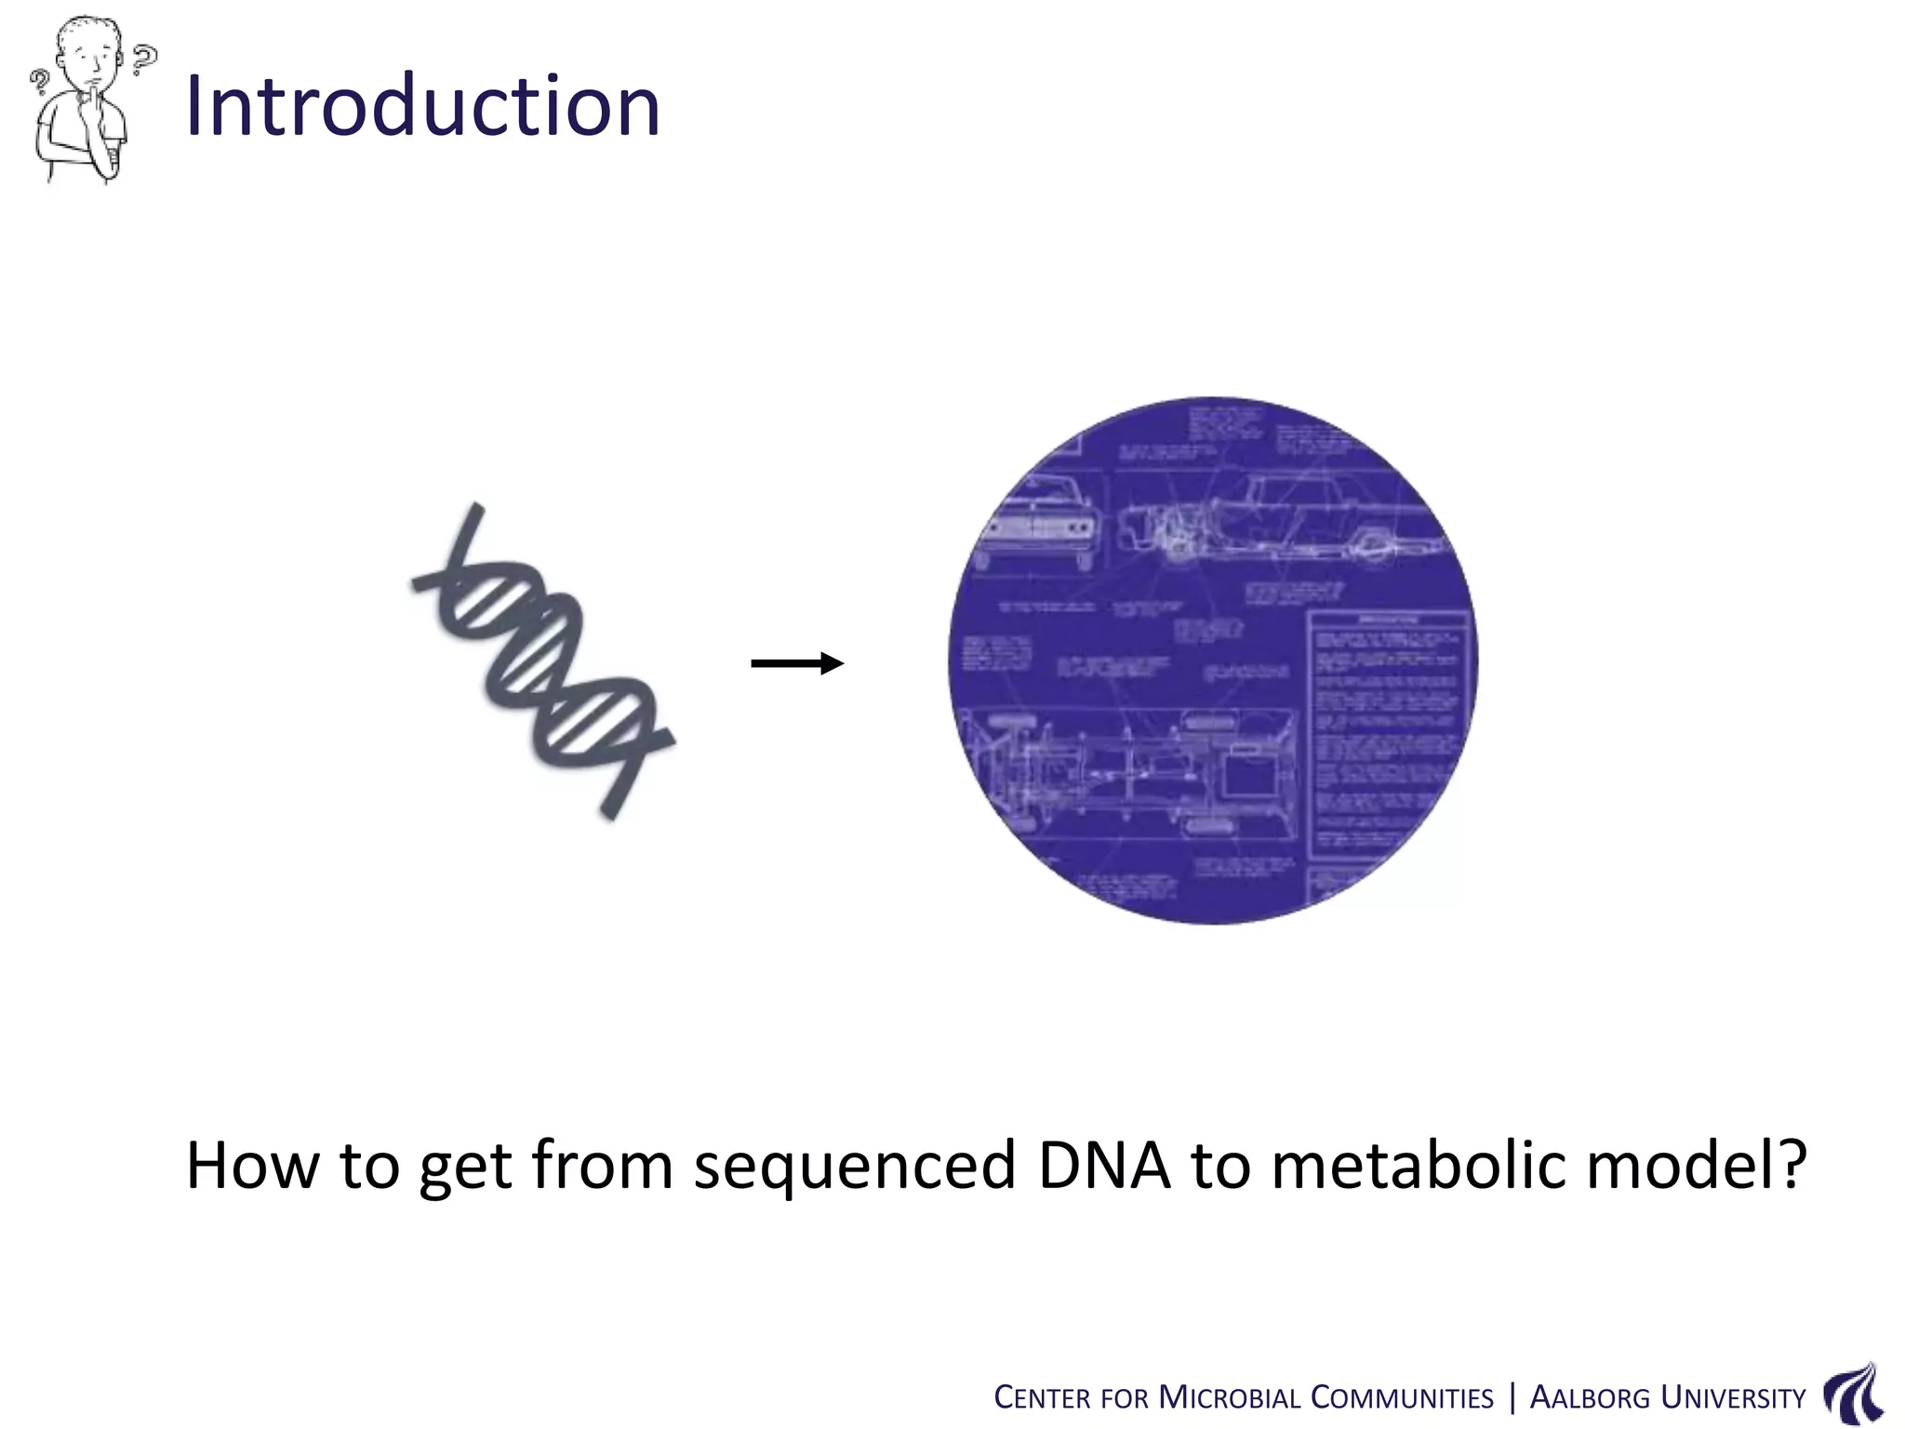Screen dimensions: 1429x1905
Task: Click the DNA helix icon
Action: click(x=544, y=662)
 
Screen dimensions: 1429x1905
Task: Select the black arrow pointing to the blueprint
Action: click(x=797, y=663)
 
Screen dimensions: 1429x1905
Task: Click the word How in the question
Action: click(x=252, y=1166)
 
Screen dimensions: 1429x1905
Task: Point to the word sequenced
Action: click(x=855, y=1166)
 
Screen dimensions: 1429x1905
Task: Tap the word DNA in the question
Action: click(x=1104, y=1166)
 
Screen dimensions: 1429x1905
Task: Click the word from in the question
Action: click(x=602, y=1166)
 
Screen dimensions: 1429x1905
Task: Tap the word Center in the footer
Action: click(x=1042, y=1398)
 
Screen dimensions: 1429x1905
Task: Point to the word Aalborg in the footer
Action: click(x=1590, y=1398)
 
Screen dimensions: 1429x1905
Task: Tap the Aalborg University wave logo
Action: click(x=1854, y=1394)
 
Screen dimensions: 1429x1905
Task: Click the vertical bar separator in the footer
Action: click(x=1512, y=1397)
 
